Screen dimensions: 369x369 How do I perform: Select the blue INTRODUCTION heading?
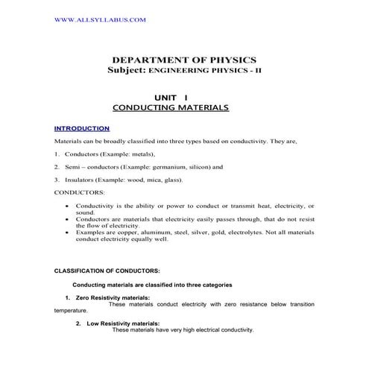[x=82, y=128]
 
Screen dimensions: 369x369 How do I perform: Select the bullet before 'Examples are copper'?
[x=69, y=233]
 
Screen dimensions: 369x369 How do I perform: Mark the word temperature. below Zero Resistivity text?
[x=71, y=310]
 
